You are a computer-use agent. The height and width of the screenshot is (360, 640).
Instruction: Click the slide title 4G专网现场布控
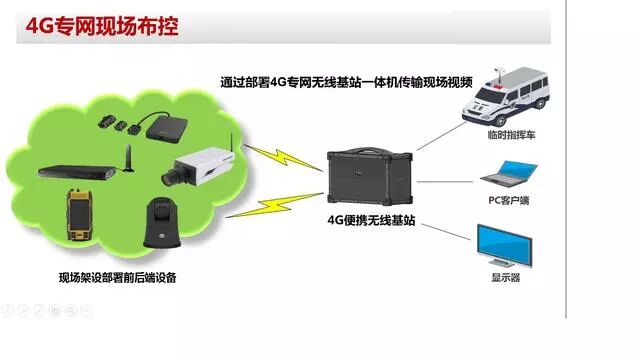click(100, 25)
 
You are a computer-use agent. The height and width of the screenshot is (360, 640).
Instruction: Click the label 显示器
click(505, 280)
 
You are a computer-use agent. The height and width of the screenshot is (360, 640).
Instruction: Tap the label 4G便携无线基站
click(371, 221)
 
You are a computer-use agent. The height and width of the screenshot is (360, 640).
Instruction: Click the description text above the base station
click(346, 83)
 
